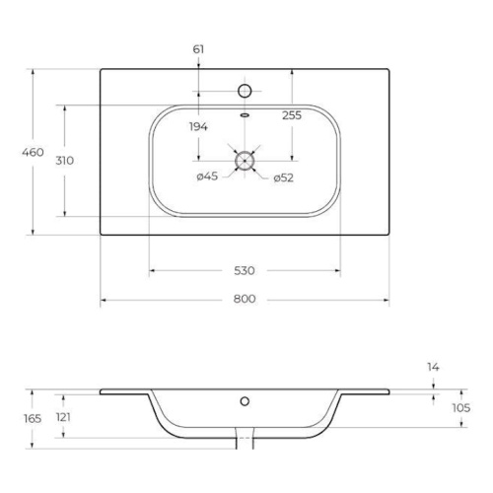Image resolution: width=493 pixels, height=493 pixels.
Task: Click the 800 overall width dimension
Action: [x=245, y=299]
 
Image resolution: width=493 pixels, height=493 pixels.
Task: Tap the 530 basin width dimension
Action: [x=245, y=271]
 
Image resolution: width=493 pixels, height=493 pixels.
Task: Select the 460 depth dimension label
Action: [x=33, y=152]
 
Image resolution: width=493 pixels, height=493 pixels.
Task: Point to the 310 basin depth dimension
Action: [x=65, y=161]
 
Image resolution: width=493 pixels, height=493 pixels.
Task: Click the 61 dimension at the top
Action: [x=198, y=49]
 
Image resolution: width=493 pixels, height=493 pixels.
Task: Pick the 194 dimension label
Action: [x=198, y=126]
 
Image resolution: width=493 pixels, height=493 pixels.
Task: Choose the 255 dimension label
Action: [x=292, y=115]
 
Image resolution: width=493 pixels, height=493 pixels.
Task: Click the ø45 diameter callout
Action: [x=207, y=176]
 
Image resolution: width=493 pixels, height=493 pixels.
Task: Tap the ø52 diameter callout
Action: [x=283, y=177]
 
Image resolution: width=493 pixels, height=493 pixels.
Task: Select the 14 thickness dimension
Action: [x=433, y=367]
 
